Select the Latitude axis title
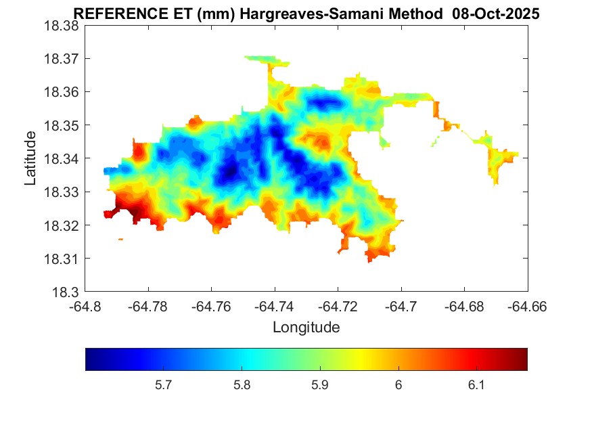(x=30, y=158)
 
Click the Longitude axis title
(x=306, y=328)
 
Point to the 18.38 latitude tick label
(x=62, y=25)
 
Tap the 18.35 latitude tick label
(x=62, y=125)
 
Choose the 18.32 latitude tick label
(x=62, y=225)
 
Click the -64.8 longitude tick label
(x=85, y=307)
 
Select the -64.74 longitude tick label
(x=275, y=307)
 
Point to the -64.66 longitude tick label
(x=528, y=307)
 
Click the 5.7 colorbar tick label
(x=164, y=385)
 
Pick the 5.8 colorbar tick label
(x=242, y=385)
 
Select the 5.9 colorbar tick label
(x=320, y=385)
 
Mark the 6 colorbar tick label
(x=399, y=385)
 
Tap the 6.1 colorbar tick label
(x=476, y=385)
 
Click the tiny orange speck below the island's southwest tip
(x=120, y=239)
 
